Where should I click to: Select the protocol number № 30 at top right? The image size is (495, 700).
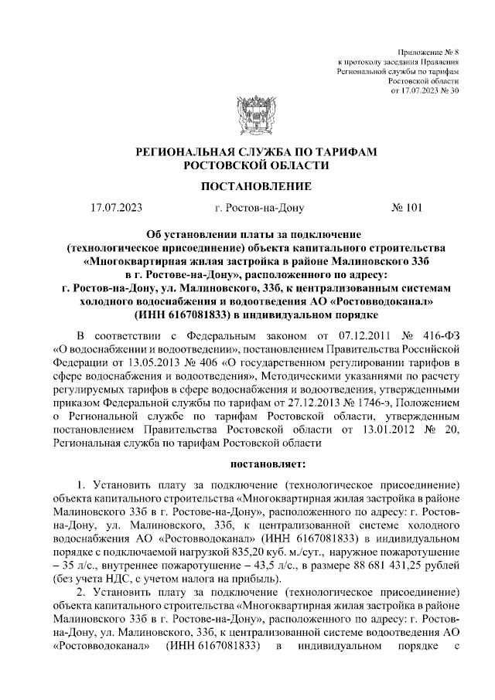click(449, 90)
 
